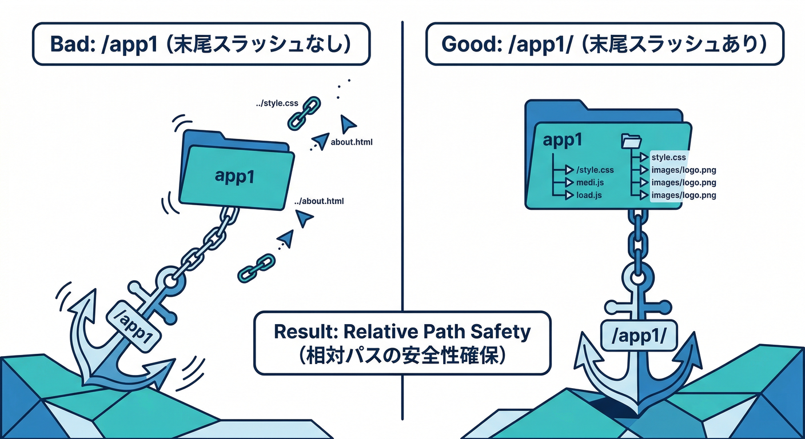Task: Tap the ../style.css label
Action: coord(277,104)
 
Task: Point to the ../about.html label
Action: coord(319,201)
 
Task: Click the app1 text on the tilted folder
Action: coord(234,175)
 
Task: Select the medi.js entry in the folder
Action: coord(591,182)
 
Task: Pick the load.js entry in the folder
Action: coord(589,195)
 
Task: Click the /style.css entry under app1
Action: coord(595,170)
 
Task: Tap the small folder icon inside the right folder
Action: coord(632,141)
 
